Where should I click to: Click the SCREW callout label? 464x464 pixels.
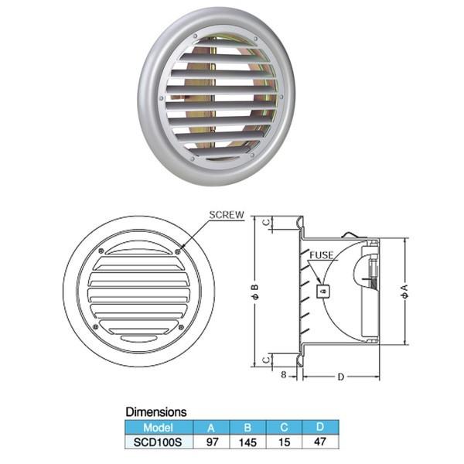pyautogui.click(x=227, y=215)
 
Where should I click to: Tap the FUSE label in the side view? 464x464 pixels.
pyautogui.click(x=322, y=255)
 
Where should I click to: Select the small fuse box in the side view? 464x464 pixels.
pyautogui.click(x=323, y=292)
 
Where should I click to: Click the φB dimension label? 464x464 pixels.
pyautogui.click(x=255, y=292)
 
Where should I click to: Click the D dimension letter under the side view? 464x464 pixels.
pyautogui.click(x=341, y=377)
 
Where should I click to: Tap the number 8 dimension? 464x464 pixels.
pyautogui.click(x=284, y=374)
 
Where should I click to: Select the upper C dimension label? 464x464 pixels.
pyautogui.click(x=267, y=222)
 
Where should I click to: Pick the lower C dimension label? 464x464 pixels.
pyautogui.click(x=267, y=360)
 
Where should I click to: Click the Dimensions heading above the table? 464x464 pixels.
pyautogui.click(x=156, y=412)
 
